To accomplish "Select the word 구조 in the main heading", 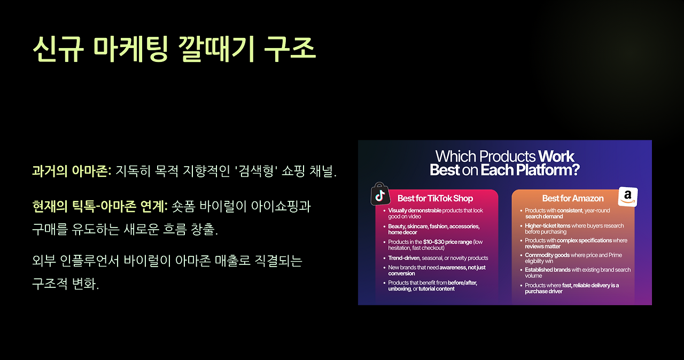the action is (x=290, y=49).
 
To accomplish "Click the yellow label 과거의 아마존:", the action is (x=72, y=171).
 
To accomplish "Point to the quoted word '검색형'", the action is (x=256, y=171).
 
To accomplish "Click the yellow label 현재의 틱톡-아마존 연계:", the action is (x=100, y=206).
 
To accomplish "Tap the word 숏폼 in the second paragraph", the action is (x=183, y=206).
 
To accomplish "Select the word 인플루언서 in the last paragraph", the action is (x=89, y=261).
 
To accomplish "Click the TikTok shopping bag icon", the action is (x=380, y=194).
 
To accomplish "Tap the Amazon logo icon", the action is (x=628, y=197).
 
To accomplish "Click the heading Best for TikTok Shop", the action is (x=435, y=198).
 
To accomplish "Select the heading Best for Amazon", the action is (x=573, y=198).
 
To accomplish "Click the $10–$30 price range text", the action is (x=448, y=242).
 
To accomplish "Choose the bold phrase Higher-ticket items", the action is (x=548, y=226).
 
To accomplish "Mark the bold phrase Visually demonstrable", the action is (x=415, y=210).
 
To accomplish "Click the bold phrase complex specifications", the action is (x=585, y=240).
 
